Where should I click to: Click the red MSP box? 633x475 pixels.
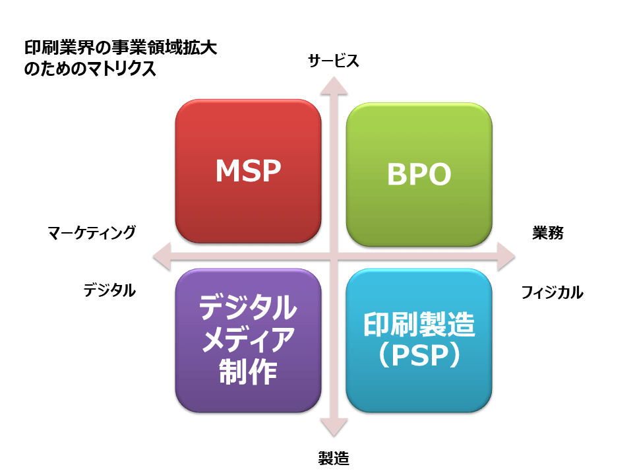(249, 171)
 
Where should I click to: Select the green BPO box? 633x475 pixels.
(419, 174)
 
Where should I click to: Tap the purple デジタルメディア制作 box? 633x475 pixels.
(249, 340)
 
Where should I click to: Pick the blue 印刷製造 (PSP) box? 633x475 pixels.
(419, 340)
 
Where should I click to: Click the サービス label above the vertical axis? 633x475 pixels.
(334, 61)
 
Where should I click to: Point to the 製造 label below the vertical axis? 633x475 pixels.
(334, 458)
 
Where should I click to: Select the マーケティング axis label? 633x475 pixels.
(92, 233)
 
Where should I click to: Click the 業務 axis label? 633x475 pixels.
(548, 233)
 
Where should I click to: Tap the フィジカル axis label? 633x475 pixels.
(553, 292)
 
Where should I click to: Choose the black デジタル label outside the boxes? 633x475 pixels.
(109, 290)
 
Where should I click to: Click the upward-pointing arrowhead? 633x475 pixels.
(334, 86)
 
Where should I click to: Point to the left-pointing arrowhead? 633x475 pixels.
(162, 257)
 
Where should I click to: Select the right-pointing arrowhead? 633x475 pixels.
(506, 257)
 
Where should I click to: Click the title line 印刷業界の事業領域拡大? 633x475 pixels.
(121, 47)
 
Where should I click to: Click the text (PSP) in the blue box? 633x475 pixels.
(419, 355)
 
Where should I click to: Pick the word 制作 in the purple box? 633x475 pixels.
(248, 372)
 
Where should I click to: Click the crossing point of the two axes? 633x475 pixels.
(334, 257)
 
